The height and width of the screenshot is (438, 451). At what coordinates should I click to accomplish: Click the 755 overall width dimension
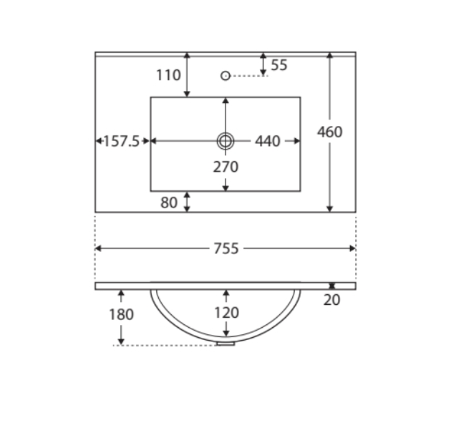click(x=226, y=248)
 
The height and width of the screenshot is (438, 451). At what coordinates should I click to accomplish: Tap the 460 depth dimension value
click(x=329, y=132)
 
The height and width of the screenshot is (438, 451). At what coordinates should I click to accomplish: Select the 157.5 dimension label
click(x=121, y=141)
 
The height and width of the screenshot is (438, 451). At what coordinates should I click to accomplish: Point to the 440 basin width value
click(x=268, y=141)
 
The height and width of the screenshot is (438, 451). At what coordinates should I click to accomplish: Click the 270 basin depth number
click(x=225, y=167)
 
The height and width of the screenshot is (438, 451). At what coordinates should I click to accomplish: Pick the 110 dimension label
click(x=168, y=75)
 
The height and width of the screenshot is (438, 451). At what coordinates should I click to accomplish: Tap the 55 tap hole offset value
click(x=279, y=65)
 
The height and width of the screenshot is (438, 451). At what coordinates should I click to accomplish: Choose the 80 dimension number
click(x=169, y=203)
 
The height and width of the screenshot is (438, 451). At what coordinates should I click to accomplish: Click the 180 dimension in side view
click(x=121, y=314)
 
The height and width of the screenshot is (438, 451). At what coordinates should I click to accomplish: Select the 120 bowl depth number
click(x=227, y=313)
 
